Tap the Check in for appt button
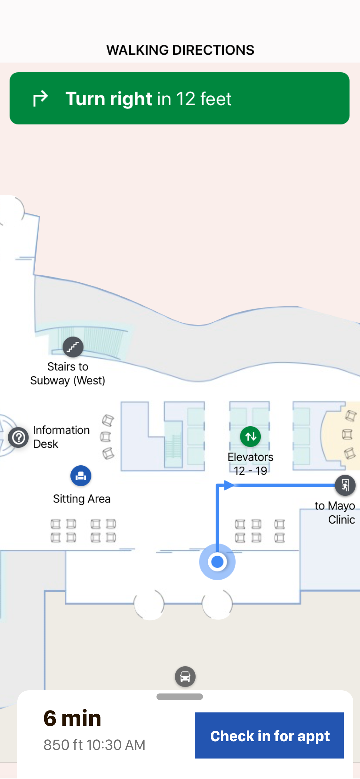point(269,735)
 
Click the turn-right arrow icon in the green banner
point(41,98)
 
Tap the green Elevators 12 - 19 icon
point(250,436)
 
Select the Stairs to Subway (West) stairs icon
point(73,347)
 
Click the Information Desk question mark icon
point(19,437)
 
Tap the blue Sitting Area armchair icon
point(81,476)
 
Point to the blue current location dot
point(217,562)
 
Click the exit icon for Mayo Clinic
point(345,485)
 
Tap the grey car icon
point(185,677)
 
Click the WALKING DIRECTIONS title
point(180,50)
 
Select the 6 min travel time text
point(72,718)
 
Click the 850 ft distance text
point(63,745)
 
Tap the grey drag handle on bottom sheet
point(180,697)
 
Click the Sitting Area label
point(82,499)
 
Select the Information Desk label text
point(61,437)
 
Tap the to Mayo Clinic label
point(335,512)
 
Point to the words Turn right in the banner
point(108,99)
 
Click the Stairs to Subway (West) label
point(68,373)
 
